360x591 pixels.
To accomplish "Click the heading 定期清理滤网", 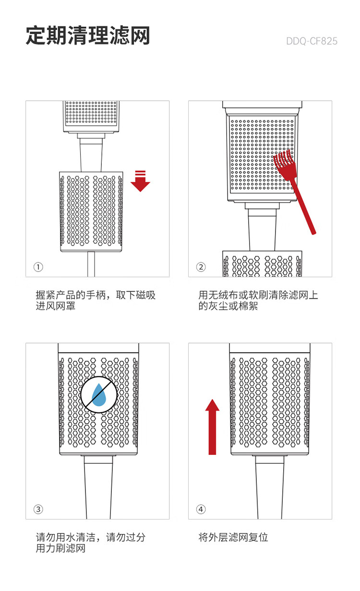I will click(88, 36).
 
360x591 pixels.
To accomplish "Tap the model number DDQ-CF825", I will click(312, 41).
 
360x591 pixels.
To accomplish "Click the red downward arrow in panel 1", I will click(140, 183).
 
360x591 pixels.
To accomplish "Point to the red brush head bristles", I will click(284, 163).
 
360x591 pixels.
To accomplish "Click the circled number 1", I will click(38, 267).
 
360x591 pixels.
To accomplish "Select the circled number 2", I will click(201, 267).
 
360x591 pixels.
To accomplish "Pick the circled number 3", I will click(38, 509).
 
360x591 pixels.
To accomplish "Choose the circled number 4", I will click(201, 509).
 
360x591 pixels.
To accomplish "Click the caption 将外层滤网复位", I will click(233, 537).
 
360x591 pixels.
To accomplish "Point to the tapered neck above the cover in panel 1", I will click(91, 156).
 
